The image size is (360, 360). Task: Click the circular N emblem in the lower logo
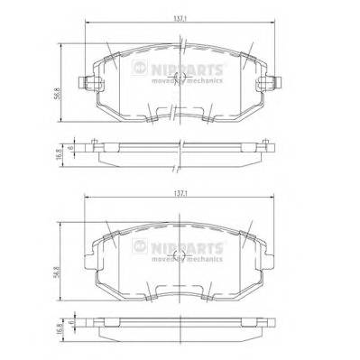coord(136,244)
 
